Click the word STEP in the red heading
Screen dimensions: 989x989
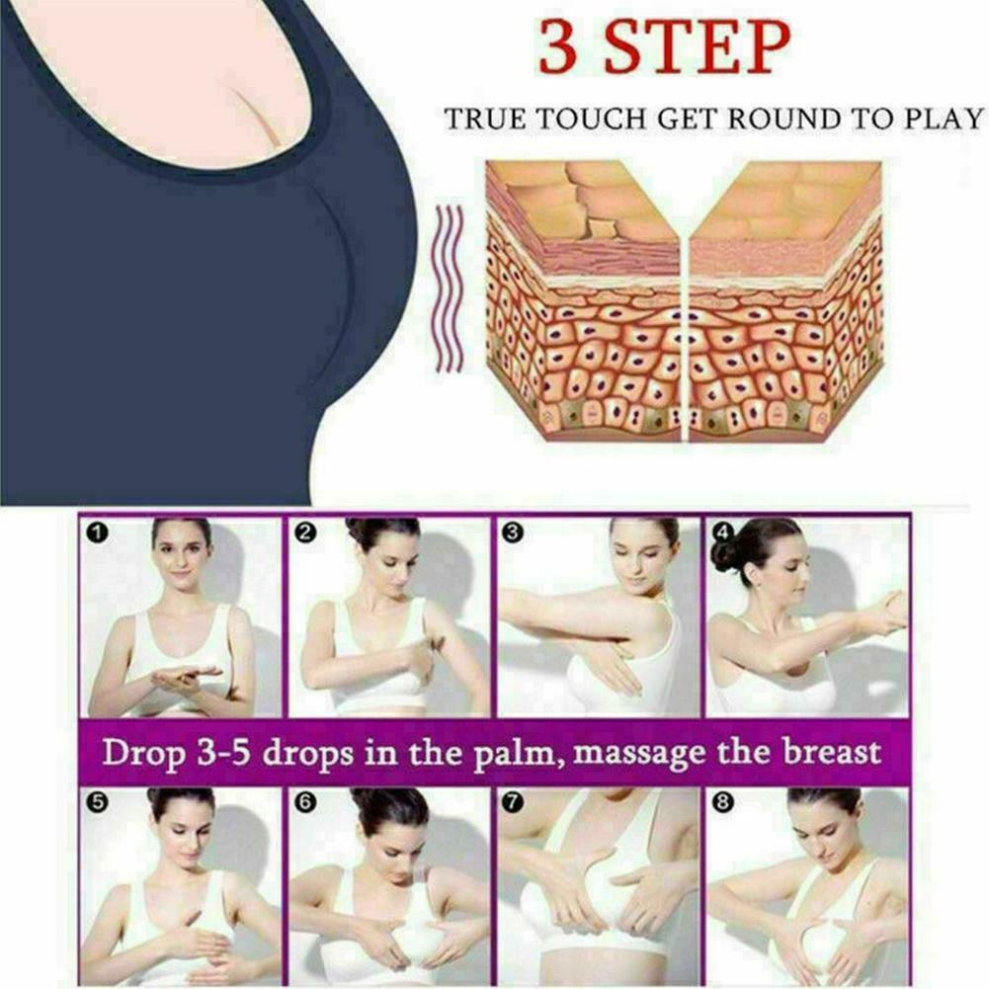pos(697,47)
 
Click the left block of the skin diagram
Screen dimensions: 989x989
pos(583,301)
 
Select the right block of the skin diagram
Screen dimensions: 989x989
pos(785,301)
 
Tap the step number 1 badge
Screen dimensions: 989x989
pos(97,534)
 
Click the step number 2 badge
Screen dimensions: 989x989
pos(305,534)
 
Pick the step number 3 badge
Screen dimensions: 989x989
pos(512,534)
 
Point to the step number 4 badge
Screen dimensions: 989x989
pos(720,534)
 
